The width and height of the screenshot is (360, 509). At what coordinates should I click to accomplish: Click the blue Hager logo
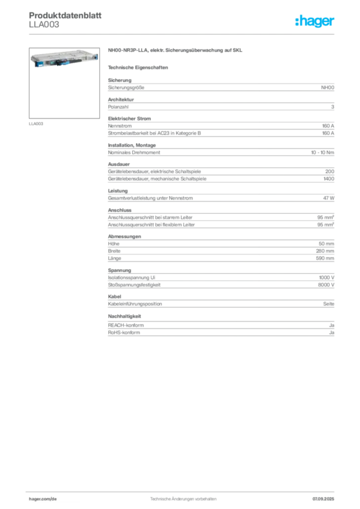pos(315,22)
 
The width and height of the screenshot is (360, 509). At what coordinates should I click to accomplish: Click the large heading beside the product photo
pos(177,51)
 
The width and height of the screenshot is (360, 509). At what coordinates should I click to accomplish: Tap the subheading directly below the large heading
pos(139,67)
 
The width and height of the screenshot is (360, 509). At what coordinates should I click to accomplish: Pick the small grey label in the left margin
pos(36,123)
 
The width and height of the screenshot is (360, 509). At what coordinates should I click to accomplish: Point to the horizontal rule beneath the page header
pos(182,34)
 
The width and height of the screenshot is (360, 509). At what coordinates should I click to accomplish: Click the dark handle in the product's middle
pos(62,59)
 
